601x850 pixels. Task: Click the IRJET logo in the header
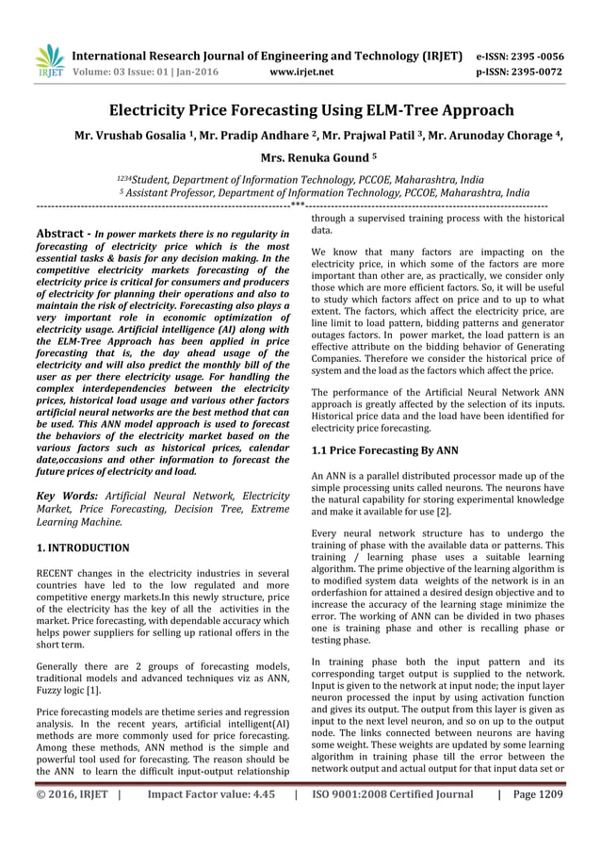click(49, 60)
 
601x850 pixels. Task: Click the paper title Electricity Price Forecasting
click(300, 111)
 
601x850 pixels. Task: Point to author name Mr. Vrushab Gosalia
click(123, 138)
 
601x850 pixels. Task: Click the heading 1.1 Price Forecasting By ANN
click(384, 450)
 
